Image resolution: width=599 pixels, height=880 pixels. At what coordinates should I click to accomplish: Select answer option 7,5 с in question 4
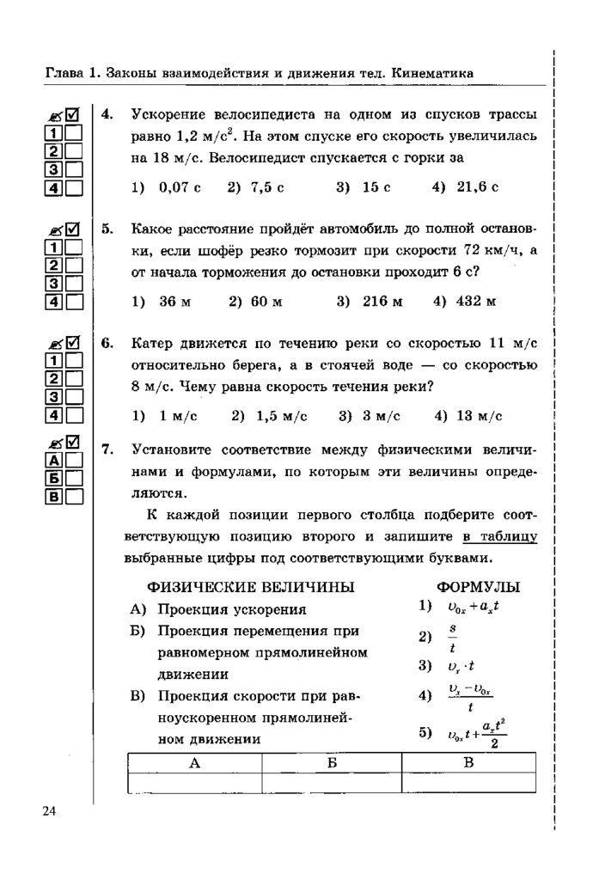pos(255,186)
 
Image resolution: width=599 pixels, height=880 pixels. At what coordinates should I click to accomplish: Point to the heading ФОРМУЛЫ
pos(478,587)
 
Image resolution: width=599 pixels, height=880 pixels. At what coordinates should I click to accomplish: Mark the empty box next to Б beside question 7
pos(73,478)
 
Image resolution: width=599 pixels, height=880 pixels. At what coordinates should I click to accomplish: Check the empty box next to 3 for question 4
pos(73,169)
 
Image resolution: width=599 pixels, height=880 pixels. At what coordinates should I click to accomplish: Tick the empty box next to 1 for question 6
pos(73,361)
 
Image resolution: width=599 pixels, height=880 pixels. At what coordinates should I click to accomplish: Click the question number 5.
pos(107,229)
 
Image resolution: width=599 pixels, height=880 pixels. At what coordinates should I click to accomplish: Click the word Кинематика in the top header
pos(432,74)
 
